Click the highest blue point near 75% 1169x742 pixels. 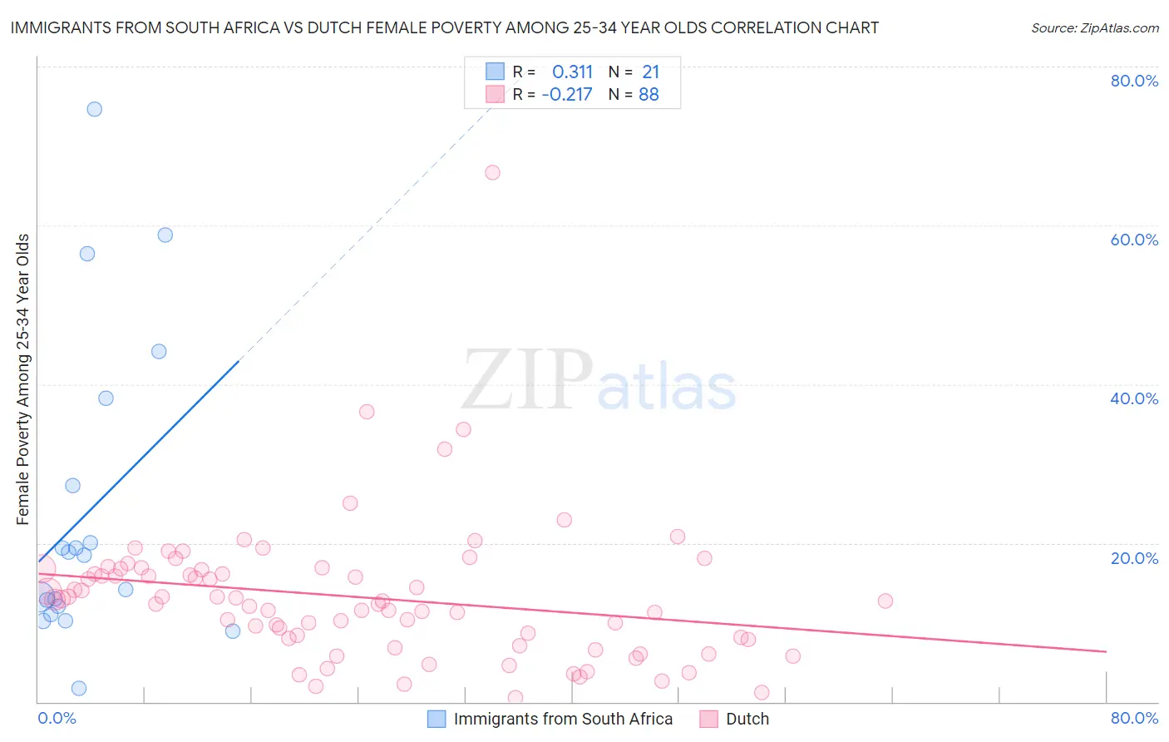(95, 109)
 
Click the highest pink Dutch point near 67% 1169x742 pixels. (492, 173)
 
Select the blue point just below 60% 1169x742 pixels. (165, 235)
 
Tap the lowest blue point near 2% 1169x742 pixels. (79, 688)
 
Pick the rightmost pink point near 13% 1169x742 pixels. (885, 601)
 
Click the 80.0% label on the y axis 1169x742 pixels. (1134, 81)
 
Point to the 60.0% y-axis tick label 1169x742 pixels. (1134, 240)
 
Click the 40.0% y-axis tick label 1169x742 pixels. (1134, 398)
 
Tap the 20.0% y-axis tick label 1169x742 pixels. (1134, 557)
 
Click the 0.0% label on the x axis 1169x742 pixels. (57, 718)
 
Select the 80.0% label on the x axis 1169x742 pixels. (1134, 718)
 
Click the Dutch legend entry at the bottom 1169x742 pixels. (747, 719)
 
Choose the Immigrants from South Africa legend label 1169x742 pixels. (563, 719)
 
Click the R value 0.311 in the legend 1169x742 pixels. (572, 72)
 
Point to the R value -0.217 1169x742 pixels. (567, 95)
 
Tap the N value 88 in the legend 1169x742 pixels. (649, 95)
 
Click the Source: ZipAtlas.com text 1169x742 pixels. (1094, 28)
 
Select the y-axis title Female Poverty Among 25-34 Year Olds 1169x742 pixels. (23, 379)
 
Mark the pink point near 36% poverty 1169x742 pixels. (367, 412)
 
